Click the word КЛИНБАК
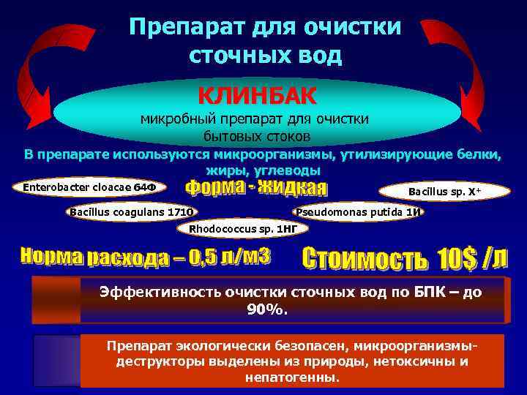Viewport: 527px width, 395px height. (258, 95)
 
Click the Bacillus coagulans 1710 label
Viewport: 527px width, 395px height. (132, 212)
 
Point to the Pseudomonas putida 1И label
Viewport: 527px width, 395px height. (358, 212)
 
